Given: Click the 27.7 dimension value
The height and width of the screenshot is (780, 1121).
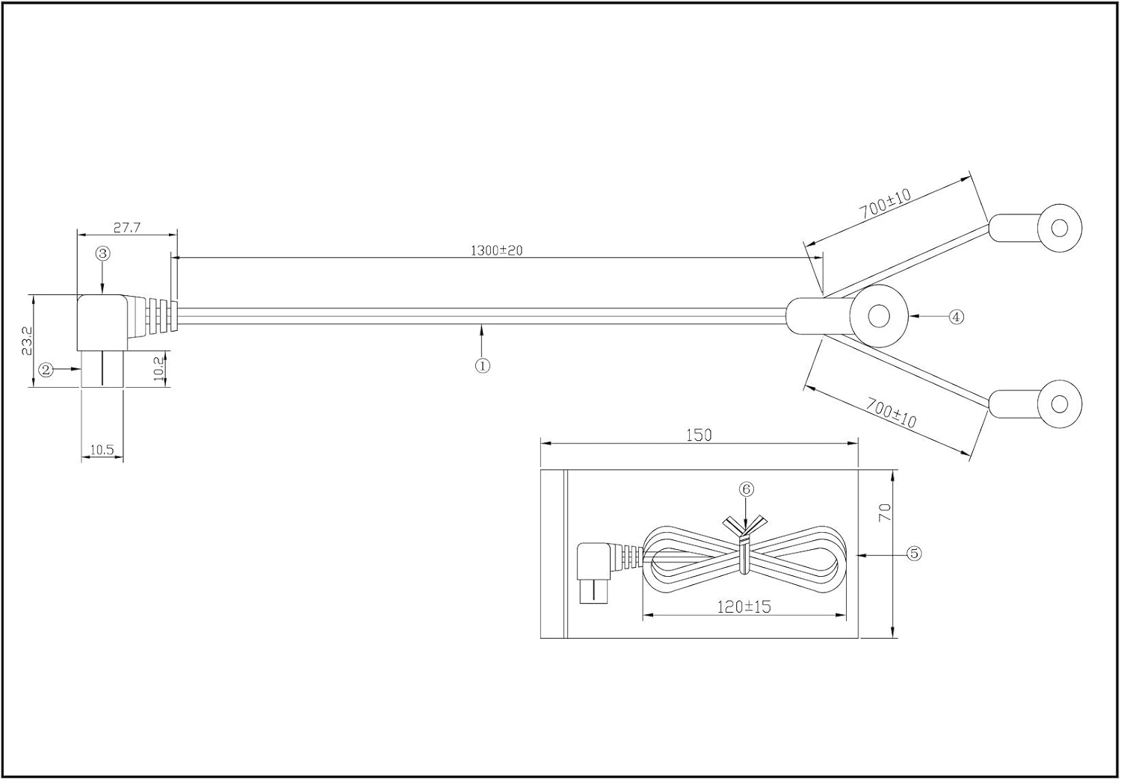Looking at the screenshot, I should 127,227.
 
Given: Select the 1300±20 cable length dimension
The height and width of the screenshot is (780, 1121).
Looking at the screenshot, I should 496,250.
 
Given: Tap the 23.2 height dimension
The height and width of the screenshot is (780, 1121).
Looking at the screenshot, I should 27,340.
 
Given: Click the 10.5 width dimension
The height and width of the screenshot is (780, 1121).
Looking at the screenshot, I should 102,450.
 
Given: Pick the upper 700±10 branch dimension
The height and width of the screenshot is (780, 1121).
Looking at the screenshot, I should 886,204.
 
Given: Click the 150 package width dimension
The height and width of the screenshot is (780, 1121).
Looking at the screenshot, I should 699,435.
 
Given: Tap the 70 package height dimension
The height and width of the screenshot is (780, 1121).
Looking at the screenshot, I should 886,512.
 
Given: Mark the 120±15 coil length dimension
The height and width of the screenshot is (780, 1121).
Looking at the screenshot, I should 744,607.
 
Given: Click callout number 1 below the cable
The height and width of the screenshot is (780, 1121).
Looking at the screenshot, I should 483,365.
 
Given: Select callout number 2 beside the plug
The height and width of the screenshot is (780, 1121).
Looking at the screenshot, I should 46,369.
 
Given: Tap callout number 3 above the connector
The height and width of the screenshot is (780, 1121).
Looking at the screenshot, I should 103,253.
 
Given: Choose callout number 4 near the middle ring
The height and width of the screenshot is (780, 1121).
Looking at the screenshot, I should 956,317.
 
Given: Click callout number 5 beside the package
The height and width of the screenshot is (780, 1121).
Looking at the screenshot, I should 914,554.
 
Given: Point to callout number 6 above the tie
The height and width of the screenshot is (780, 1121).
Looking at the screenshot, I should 746,489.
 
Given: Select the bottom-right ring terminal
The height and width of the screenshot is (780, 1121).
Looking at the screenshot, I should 1059,404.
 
